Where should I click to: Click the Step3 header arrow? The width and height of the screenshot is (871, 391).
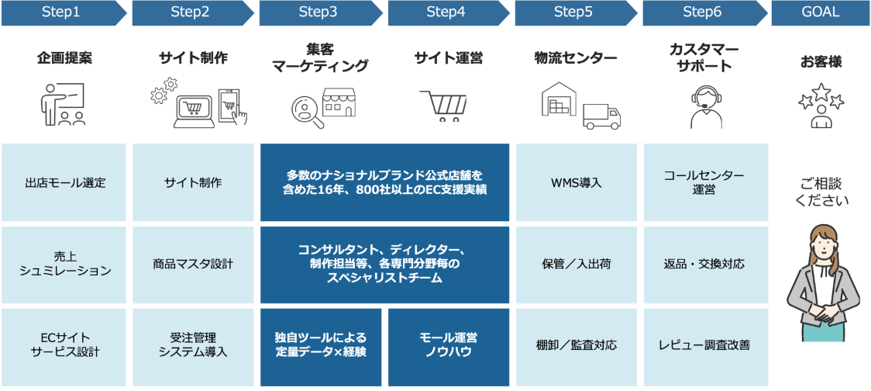318,12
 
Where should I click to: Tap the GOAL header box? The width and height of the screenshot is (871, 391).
821,12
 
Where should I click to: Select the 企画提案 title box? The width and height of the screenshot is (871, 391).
64,58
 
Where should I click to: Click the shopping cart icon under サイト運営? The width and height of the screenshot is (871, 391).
443,106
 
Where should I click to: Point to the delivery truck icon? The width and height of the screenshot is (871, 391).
601,116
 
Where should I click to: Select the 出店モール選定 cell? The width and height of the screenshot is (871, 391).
65,183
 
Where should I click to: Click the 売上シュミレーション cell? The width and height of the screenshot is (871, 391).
65,264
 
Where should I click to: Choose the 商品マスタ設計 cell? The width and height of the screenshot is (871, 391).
193,264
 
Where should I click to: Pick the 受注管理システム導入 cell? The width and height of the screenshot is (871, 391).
193,345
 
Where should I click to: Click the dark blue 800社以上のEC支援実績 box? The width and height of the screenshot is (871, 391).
384,182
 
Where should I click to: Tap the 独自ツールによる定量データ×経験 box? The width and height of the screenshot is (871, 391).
320,346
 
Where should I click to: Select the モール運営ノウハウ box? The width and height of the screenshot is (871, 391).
448,346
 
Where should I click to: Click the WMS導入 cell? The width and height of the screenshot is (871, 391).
577,183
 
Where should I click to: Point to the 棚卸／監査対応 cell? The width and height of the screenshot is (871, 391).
577,345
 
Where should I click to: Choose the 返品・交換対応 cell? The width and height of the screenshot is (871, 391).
704,264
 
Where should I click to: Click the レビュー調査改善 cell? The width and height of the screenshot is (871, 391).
704,345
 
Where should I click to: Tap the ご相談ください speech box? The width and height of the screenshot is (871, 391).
821,192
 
